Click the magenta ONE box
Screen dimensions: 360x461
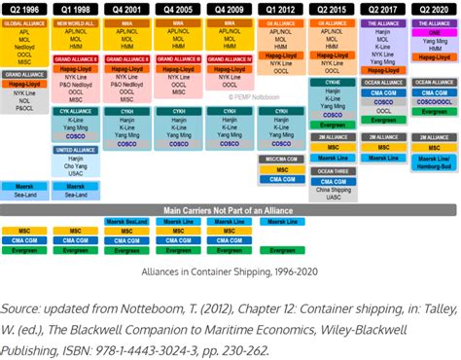point(434,31)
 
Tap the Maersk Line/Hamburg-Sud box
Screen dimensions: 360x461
point(434,162)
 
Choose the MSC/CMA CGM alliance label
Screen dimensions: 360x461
point(280,158)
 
